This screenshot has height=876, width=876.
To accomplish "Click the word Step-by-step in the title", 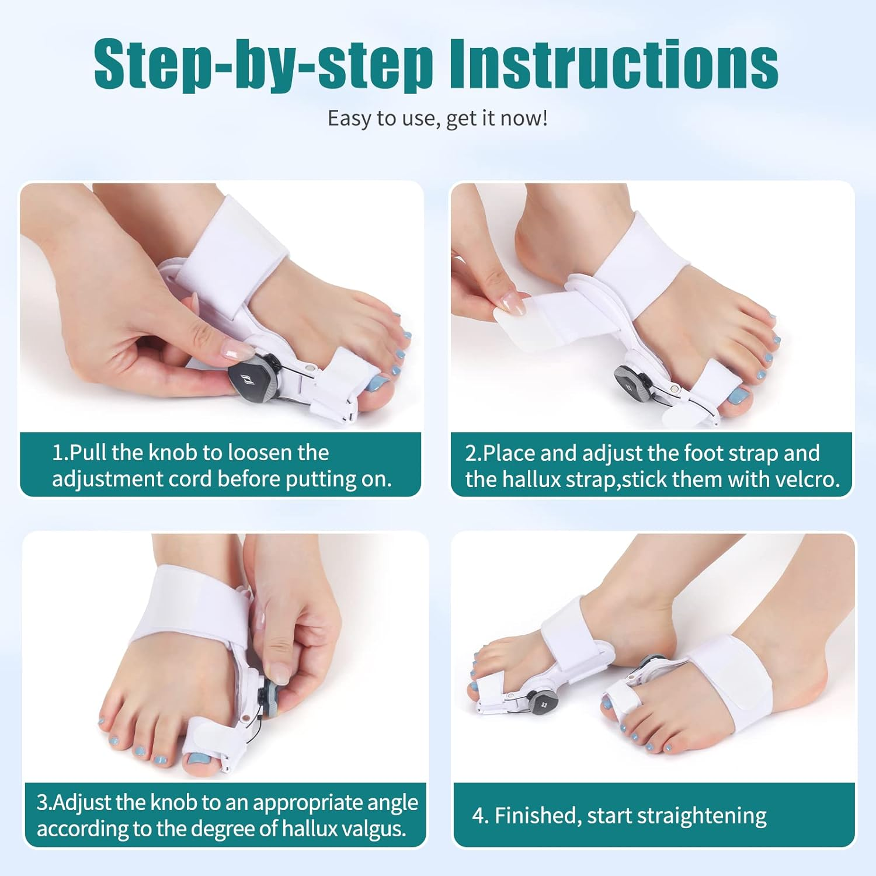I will tap(263, 64).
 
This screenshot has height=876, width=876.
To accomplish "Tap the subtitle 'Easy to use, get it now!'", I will tap(437, 119).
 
